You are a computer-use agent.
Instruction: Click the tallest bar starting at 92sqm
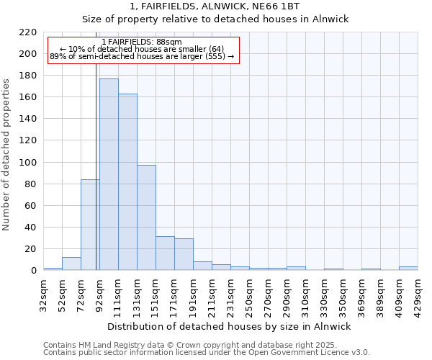(109, 174)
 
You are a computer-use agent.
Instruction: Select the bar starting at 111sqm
(127, 182)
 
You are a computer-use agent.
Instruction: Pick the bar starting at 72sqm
(90, 225)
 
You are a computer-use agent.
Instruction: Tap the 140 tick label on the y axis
(29, 119)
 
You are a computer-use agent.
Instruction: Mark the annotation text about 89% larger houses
(142, 56)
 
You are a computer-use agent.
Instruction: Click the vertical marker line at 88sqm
(96, 180)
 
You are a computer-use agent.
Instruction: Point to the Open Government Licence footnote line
(207, 353)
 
